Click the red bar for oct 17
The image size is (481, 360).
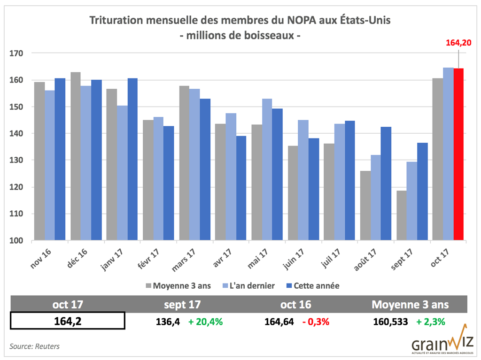(x=458, y=154)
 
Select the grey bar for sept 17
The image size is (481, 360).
(x=402, y=215)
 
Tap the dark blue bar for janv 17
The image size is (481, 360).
(x=132, y=159)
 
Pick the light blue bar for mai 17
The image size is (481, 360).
(x=267, y=169)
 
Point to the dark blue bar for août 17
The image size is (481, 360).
(x=386, y=184)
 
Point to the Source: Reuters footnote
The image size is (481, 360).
(x=34, y=346)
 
